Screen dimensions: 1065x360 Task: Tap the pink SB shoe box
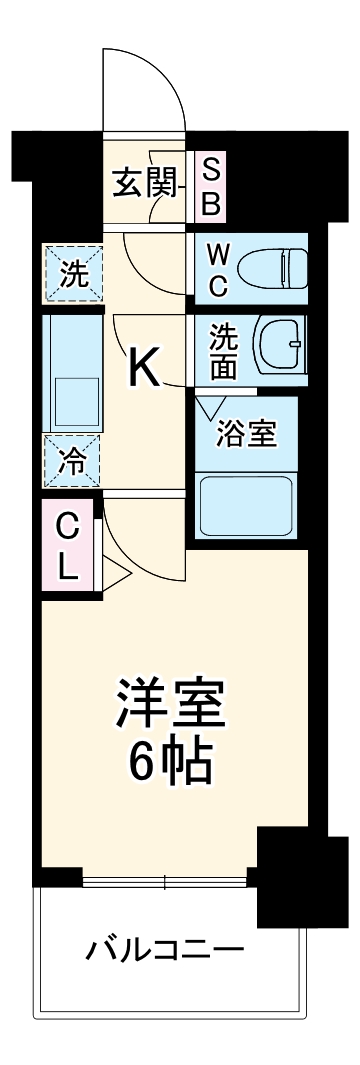[211, 187]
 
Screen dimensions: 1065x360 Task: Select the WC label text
[218, 268]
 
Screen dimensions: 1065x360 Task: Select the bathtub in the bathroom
[247, 506]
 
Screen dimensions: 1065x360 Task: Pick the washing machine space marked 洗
[72, 274]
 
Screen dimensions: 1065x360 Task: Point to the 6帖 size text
[170, 765]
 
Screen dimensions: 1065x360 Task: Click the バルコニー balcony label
[165, 947]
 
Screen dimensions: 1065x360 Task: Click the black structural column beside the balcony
[291, 876]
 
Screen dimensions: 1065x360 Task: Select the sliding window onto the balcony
[165, 880]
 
